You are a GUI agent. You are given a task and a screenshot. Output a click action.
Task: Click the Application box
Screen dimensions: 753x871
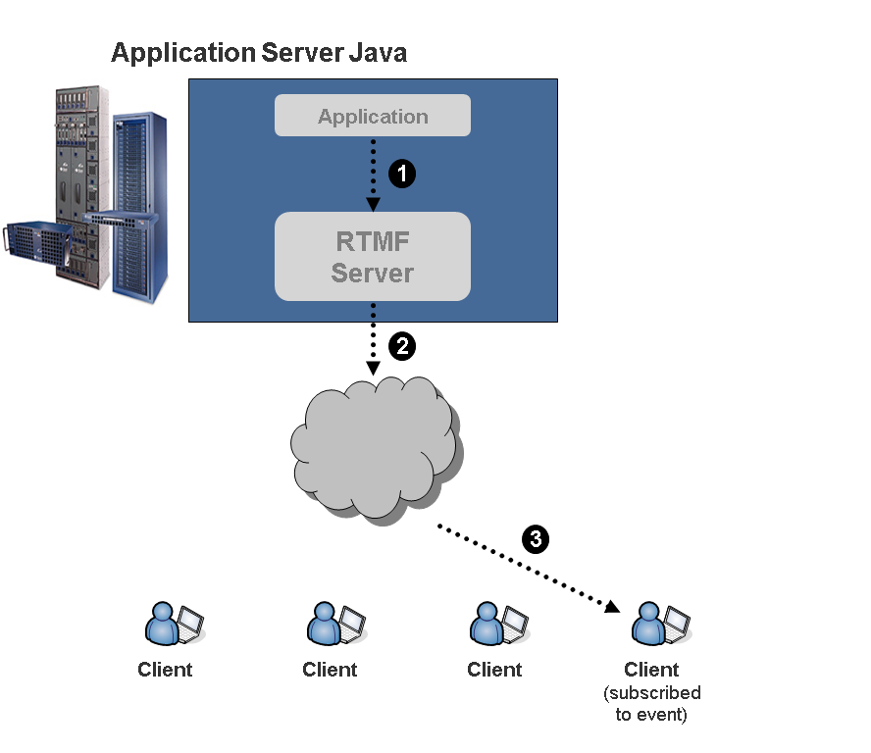click(373, 116)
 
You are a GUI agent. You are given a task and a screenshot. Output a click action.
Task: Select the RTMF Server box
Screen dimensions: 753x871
click(373, 257)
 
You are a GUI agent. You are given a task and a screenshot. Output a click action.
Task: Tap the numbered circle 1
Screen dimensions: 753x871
click(402, 175)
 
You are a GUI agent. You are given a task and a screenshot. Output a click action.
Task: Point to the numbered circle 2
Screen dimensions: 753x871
click(402, 345)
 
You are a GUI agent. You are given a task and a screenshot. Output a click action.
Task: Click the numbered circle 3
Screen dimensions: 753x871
click(535, 538)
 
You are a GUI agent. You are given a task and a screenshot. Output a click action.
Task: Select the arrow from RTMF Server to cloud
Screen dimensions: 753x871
click(373, 338)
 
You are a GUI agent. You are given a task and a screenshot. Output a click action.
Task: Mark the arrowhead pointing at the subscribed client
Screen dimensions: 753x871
click(612, 607)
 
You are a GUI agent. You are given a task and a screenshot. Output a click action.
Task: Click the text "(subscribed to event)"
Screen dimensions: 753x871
click(652, 704)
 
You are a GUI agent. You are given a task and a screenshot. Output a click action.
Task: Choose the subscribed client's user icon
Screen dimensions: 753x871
click(649, 623)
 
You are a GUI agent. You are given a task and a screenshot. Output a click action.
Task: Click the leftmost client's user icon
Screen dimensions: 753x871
click(163, 623)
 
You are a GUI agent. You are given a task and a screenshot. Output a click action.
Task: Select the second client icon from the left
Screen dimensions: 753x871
click(328, 623)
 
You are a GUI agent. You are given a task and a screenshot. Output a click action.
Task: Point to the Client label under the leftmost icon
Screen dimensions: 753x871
click(165, 670)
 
